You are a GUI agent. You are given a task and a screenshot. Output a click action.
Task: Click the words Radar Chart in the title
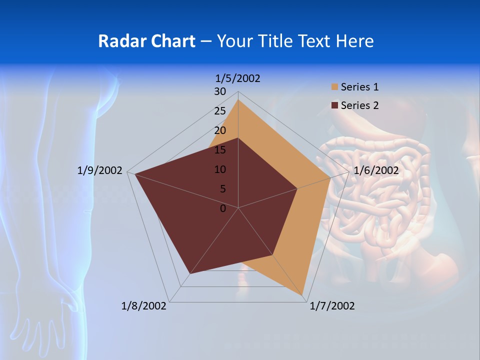click(146, 41)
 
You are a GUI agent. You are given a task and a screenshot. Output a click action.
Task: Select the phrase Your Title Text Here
click(295, 41)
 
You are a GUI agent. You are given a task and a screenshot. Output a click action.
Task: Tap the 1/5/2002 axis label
click(238, 78)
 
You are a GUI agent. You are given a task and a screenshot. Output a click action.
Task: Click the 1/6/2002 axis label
click(376, 170)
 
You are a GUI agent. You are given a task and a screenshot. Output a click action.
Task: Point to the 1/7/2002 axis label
click(332, 306)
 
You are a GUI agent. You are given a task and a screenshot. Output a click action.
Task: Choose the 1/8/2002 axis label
click(144, 306)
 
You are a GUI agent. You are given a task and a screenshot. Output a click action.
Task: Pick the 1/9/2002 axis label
click(100, 170)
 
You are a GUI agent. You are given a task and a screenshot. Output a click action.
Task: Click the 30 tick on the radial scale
click(220, 91)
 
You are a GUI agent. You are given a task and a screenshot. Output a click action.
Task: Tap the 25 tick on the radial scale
click(220, 111)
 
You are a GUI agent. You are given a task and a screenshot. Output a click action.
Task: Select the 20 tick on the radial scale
click(220, 130)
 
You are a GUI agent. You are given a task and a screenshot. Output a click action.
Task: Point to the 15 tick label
click(220, 150)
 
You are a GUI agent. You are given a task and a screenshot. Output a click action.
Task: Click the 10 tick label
click(220, 169)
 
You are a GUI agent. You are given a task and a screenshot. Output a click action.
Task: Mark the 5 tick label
click(222, 189)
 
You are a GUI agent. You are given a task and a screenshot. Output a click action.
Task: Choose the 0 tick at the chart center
click(223, 208)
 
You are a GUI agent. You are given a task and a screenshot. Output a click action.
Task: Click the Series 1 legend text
click(359, 87)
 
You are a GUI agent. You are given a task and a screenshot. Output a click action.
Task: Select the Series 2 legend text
click(359, 105)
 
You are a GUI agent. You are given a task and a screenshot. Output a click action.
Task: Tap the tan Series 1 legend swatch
click(334, 87)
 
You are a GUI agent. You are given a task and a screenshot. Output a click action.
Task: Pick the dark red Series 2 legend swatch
click(334, 105)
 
